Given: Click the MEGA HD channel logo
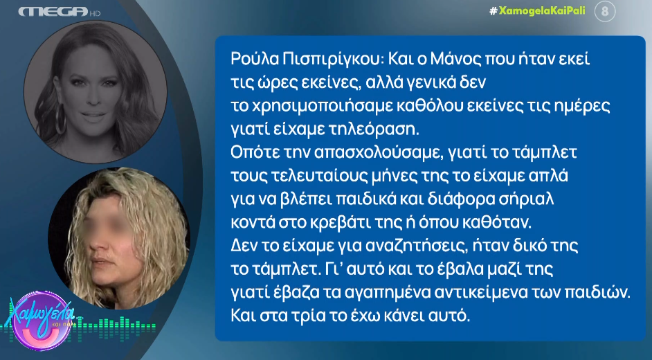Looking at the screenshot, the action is click(x=60, y=12).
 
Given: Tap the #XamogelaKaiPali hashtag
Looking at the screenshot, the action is click(x=537, y=10).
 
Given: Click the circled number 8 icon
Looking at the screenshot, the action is click(x=605, y=11).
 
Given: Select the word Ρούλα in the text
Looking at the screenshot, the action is click(x=253, y=60).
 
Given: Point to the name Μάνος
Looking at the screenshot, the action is click(x=456, y=60).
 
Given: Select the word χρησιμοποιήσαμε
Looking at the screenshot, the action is click(x=323, y=107).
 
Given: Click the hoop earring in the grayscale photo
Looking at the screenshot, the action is click(x=61, y=119).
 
